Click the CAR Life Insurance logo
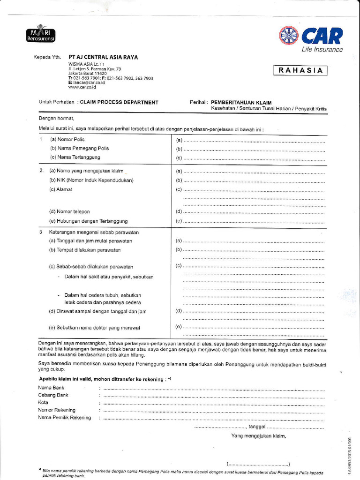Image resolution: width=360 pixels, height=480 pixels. coord(311,38)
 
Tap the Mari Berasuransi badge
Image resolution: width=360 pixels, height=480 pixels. coord(41,34)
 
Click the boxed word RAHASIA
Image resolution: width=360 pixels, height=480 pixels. coord(300,71)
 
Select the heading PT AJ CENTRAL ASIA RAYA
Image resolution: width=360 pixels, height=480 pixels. coord(103,57)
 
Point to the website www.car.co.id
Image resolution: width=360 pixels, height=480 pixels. coord(82,87)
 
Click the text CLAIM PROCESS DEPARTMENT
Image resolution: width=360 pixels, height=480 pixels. coord(119,102)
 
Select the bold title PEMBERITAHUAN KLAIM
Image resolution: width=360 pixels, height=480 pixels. coord(241,102)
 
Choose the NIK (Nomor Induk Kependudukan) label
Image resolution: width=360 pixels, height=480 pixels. coord(91,180)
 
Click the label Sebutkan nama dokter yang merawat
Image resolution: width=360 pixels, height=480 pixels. coord(95,328)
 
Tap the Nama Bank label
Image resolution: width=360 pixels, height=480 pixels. coord(51,388)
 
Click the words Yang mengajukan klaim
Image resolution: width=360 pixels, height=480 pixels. coord(258,436)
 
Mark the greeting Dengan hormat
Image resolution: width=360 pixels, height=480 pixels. coord(56,119)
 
